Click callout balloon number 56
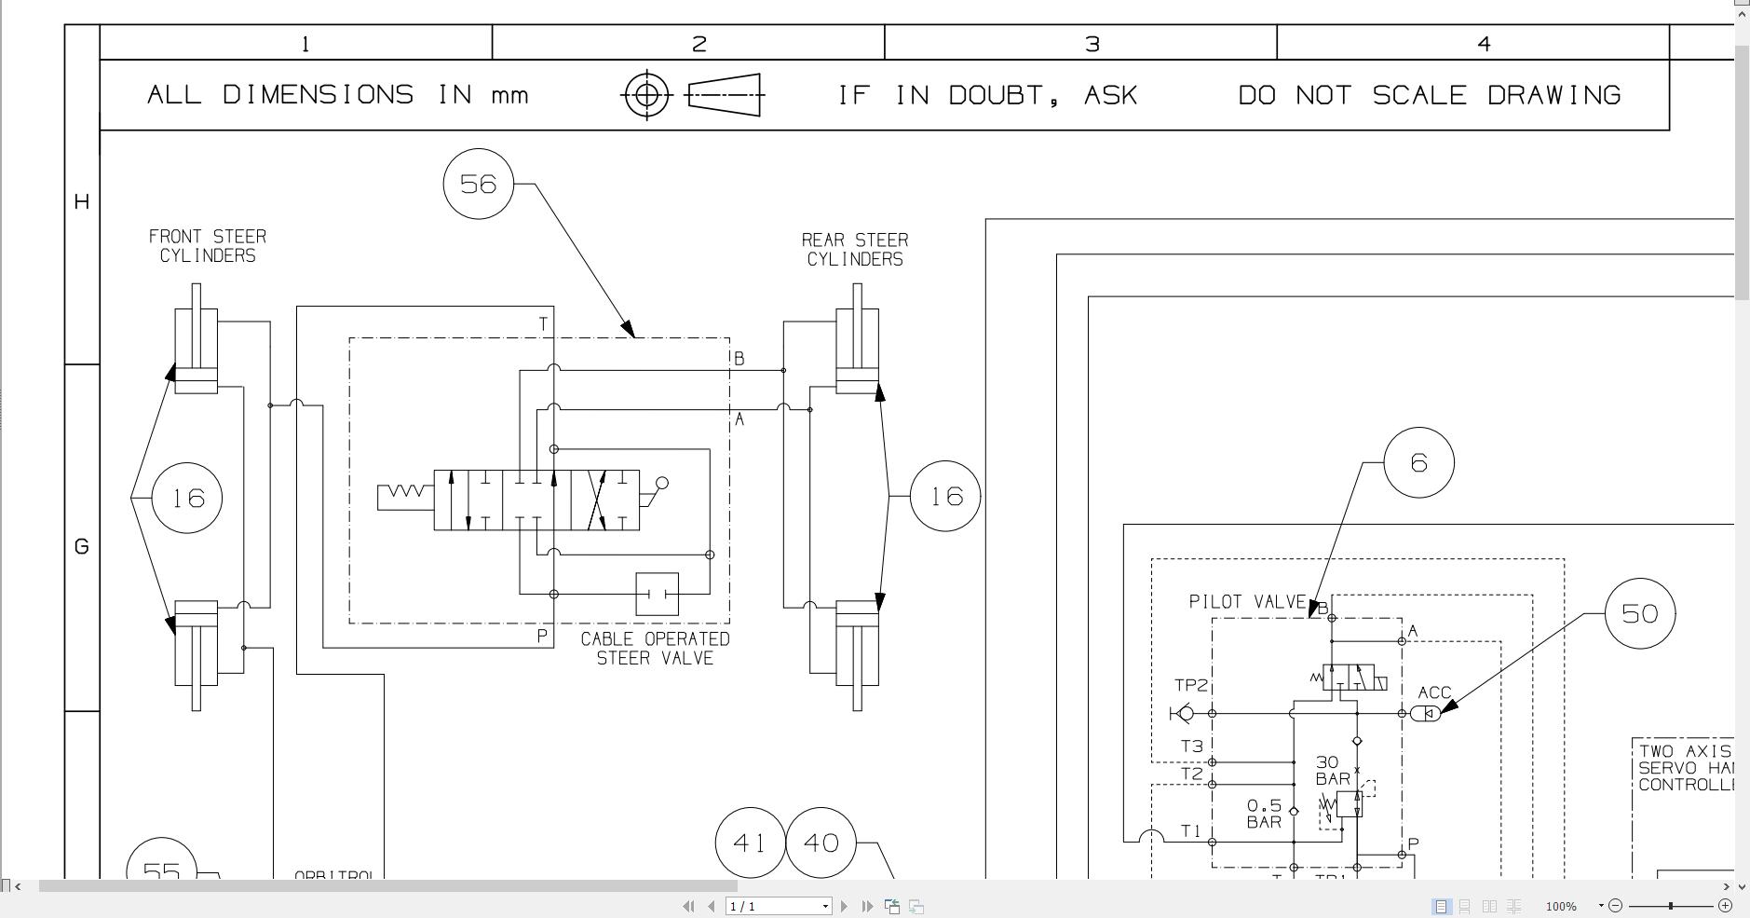479,184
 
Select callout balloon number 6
1418,462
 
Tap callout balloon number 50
1640,613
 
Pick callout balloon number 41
750,843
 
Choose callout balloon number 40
821,843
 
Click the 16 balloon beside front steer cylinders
187,498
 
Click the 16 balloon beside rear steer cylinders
945,496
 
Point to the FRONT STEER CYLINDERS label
207,246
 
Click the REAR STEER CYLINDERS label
855,250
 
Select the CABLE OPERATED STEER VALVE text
655,649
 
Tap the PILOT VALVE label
1247,602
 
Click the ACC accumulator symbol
1426,713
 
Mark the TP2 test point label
1190,685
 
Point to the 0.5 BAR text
1264,813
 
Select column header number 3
1092,44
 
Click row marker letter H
82,201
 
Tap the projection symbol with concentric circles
646,95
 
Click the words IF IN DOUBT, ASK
987,95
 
